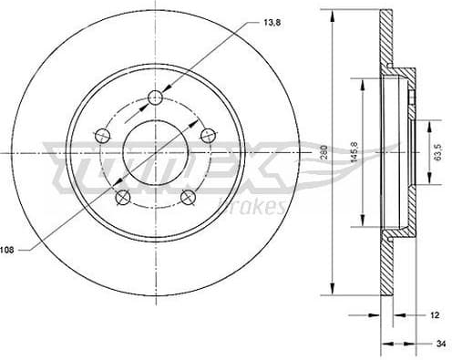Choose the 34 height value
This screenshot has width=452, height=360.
(x=441, y=344)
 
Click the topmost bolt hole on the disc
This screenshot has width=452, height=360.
(x=155, y=98)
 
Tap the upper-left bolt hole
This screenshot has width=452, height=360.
(x=102, y=136)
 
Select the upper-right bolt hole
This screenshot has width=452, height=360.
(x=208, y=136)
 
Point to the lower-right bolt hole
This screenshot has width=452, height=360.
(x=188, y=198)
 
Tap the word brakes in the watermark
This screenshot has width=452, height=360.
(x=259, y=208)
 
